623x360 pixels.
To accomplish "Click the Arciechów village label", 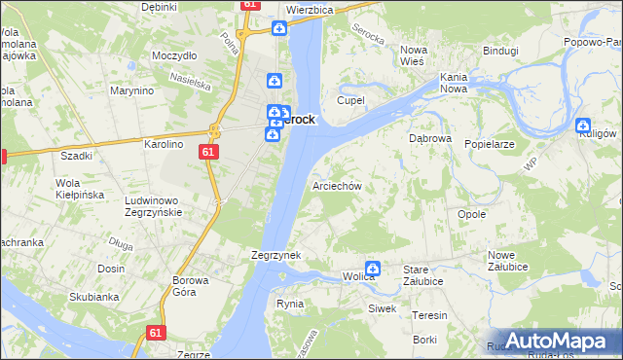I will pyautogui.click(x=337, y=186).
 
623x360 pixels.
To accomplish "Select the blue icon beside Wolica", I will pyautogui.click(x=372, y=269).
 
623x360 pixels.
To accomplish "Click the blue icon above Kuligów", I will pyautogui.click(x=583, y=126).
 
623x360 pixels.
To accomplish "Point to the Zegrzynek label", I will pyautogui.click(x=275, y=255).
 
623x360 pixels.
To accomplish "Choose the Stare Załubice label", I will pyautogui.click(x=423, y=274).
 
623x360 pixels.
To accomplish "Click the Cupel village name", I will pyautogui.click(x=350, y=100).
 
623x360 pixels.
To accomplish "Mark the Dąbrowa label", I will pyautogui.click(x=429, y=139).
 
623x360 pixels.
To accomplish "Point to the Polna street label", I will pyautogui.click(x=231, y=44).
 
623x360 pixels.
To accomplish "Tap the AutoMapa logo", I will pyautogui.click(x=556, y=341).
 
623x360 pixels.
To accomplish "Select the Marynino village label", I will pyautogui.click(x=132, y=91).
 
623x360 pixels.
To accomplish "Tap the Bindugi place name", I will pyautogui.click(x=500, y=50).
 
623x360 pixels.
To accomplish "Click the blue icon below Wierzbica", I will pyautogui.click(x=279, y=29).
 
